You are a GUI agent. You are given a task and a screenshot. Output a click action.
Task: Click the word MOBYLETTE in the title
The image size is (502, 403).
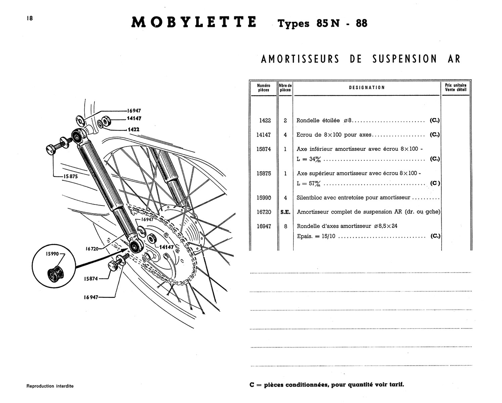(x=194, y=22)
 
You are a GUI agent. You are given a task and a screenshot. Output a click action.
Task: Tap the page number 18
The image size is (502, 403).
(x=30, y=18)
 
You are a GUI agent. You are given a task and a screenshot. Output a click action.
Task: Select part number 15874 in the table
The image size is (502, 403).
(x=264, y=149)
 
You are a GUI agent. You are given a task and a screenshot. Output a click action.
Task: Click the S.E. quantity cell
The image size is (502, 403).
(x=285, y=212)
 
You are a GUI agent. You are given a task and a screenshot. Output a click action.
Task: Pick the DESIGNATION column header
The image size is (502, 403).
(x=367, y=88)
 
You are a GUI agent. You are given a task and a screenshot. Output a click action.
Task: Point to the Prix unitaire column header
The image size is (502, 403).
(x=456, y=88)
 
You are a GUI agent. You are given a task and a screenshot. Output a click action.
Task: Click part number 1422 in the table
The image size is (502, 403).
(x=265, y=121)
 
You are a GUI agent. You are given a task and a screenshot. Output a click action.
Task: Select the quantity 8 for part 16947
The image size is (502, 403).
(x=285, y=226)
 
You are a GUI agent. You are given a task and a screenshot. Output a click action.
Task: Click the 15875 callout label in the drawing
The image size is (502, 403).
(x=71, y=176)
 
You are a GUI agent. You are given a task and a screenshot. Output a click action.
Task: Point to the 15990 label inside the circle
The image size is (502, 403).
(x=52, y=255)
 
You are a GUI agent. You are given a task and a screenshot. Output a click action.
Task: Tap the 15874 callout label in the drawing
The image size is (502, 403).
(x=91, y=279)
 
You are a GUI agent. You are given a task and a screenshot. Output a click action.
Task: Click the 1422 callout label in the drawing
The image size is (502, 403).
(x=134, y=129)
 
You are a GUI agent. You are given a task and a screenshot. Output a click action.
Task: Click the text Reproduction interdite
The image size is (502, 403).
(x=50, y=386)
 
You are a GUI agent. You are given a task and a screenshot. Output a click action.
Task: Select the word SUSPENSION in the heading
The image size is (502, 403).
(x=404, y=59)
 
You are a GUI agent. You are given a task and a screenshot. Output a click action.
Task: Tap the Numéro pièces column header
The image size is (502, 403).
(x=264, y=88)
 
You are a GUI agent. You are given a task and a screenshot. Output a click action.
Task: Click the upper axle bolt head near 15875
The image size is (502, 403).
(x=52, y=149)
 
